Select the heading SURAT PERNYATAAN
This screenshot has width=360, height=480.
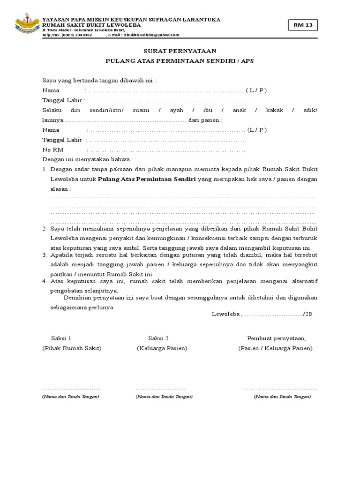click(180, 51)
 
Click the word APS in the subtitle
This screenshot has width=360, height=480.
click(247, 61)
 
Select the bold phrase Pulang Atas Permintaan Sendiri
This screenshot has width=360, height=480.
click(146, 179)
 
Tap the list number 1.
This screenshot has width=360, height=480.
click(45, 169)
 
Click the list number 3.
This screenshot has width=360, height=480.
click(45, 255)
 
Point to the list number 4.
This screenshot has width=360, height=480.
click(45, 281)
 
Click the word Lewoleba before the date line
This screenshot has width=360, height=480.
click(225, 314)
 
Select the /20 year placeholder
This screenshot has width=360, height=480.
click(307, 314)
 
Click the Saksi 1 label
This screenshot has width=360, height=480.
click(61, 338)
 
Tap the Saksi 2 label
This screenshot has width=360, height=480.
click(158, 338)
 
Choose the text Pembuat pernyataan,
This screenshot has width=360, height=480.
click(276, 338)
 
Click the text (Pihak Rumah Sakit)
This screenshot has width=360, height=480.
click(72, 348)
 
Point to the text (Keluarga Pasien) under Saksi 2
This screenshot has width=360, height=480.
click(162, 348)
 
